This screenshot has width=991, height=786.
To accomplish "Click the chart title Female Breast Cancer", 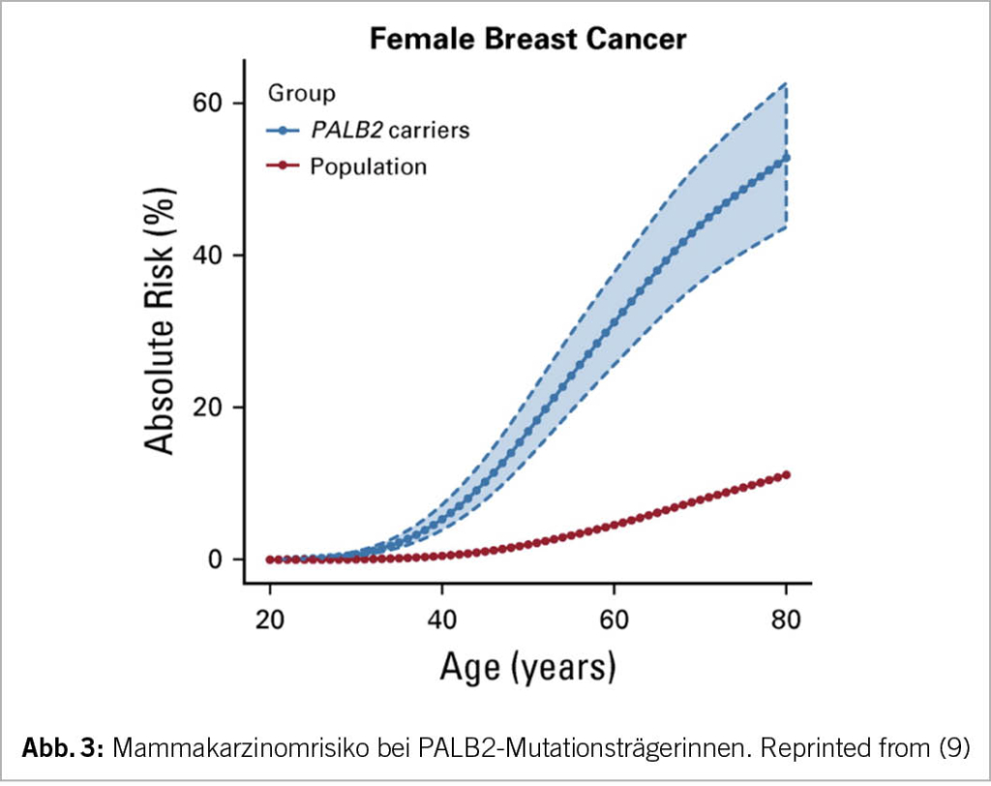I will click(x=527, y=40).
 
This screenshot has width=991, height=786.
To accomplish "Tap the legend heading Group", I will click(x=301, y=94).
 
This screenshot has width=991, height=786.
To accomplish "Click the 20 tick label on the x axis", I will click(x=270, y=620).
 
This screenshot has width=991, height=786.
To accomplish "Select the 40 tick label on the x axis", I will click(x=442, y=620).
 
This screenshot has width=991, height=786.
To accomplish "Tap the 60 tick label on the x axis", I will click(x=614, y=620).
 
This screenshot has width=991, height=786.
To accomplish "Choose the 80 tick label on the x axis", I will click(x=786, y=620).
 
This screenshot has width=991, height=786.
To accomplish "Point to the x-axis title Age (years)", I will click(x=527, y=668).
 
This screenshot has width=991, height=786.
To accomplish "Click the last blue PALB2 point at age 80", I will click(x=786, y=157).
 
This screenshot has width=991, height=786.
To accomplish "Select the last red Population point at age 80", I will click(x=786, y=474).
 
